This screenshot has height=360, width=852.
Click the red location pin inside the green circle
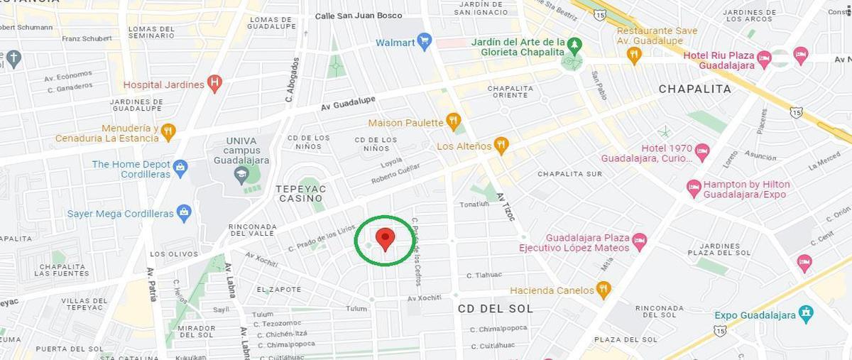click(385, 239)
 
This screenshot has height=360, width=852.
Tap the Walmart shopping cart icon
click(425, 41)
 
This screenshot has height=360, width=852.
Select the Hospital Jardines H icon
click(214, 84)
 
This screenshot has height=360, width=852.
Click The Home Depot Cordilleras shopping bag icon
click(180, 168)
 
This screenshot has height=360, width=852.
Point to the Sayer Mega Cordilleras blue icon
click(185, 212)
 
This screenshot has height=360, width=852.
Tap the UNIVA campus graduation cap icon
click(242, 173)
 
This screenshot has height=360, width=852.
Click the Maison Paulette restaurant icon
click(453, 121)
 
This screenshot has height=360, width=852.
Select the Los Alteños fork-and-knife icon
click(501, 146)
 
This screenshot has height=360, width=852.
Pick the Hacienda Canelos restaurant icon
click(603, 290)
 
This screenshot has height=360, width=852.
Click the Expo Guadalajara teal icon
click(805, 314)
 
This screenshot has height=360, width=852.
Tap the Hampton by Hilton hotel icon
click(694, 188)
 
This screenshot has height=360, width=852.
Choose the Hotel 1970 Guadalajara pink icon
click(702, 152)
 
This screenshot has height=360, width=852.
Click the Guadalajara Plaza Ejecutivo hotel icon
click(639, 241)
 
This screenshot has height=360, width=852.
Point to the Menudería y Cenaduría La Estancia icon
click(168, 132)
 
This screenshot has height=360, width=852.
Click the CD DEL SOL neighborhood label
click(496, 308)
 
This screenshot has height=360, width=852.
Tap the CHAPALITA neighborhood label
click(694, 89)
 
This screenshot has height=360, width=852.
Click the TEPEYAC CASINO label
click(300, 194)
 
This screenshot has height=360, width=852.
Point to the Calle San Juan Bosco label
click(358, 16)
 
